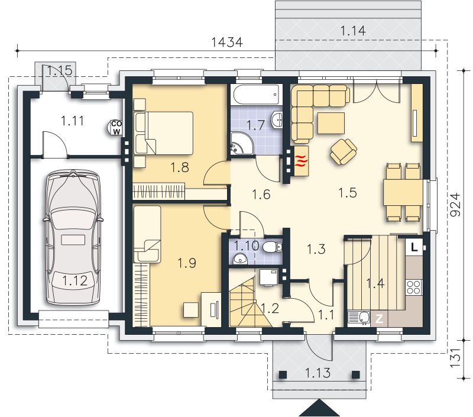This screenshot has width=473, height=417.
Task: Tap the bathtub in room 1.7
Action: pos(257,95)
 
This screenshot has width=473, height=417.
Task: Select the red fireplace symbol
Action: pos(302,161)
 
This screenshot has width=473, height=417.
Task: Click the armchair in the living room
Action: pos(344,151)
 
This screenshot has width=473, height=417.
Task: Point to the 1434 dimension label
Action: pos(227,42)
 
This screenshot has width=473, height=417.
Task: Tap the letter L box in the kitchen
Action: pos(415,247)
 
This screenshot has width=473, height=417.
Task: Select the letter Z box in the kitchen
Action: pos(379,319)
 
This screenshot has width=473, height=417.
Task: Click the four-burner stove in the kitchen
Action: pos(414,287)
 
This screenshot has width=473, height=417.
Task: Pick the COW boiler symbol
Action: pos(115,128)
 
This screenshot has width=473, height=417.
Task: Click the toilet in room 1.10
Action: pos(273,247)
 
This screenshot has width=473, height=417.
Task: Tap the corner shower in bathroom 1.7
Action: pos(242,144)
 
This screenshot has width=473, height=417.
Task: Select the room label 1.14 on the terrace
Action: pos(353,31)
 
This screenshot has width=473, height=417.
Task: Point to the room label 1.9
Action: pos(187,263)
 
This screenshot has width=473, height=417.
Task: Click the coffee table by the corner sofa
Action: pos(331,123)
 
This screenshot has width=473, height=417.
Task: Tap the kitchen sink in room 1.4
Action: pos(359,318)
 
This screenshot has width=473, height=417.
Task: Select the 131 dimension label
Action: pos(455,358)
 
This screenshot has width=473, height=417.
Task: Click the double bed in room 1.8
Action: pos(164,133)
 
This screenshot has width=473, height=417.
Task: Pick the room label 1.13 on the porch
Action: pos(318,373)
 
